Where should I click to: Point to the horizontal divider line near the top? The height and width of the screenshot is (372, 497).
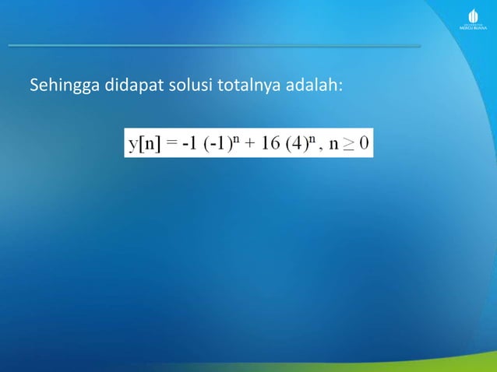(x=214, y=46)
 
